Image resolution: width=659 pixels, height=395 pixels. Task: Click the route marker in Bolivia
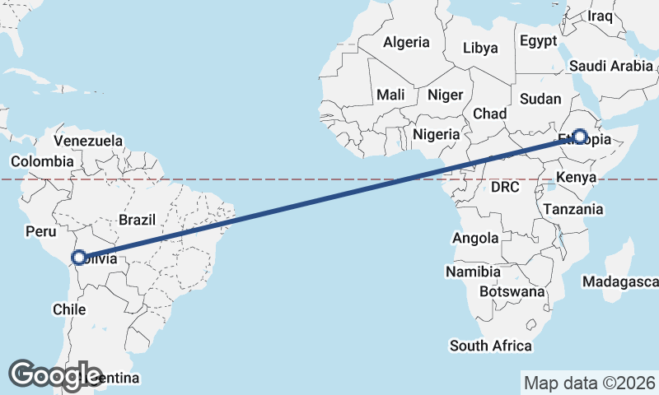click(x=79, y=258)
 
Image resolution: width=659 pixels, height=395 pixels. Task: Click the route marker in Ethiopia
click(x=580, y=137)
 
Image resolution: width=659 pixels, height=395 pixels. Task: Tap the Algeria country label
click(x=407, y=42)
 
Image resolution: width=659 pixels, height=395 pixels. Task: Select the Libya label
click(x=480, y=48)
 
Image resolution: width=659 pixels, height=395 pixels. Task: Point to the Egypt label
click(x=539, y=40)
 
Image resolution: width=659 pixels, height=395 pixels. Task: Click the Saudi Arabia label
click(x=610, y=66)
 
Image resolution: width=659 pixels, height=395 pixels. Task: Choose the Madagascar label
click(x=619, y=282)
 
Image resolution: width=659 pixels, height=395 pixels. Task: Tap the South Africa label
click(x=491, y=346)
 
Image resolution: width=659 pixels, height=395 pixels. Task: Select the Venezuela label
click(x=88, y=142)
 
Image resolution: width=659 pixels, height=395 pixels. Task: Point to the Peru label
click(x=40, y=232)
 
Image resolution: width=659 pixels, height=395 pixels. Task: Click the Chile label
click(x=69, y=309)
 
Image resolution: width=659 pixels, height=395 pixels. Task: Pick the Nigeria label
click(x=437, y=133)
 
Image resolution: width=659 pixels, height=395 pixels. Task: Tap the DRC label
click(x=505, y=188)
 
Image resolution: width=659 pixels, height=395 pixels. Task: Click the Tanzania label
click(x=573, y=209)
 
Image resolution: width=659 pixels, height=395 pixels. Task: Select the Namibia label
click(x=473, y=272)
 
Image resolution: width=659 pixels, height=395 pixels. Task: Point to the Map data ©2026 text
click(x=590, y=383)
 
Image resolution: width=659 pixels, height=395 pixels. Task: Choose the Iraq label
click(x=601, y=16)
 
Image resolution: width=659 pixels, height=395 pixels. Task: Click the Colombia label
click(x=41, y=161)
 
